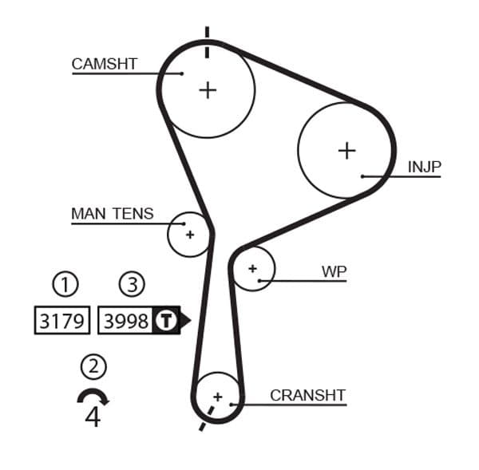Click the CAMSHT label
point(105,64)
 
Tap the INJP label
point(424,167)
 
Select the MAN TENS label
point(112,214)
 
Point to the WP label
point(334,271)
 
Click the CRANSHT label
point(307,395)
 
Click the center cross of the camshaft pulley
point(208,89)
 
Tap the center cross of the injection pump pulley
point(346,150)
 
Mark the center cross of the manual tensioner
point(190,235)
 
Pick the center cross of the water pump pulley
point(252,269)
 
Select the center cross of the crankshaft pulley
point(217,395)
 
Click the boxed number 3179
point(62,321)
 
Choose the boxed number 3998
point(126,321)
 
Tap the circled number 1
point(65,283)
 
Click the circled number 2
point(93,366)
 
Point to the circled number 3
point(133,283)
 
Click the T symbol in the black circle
point(165,321)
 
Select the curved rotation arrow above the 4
point(93,397)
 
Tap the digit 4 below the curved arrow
point(93,417)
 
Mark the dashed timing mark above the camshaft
point(207,42)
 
